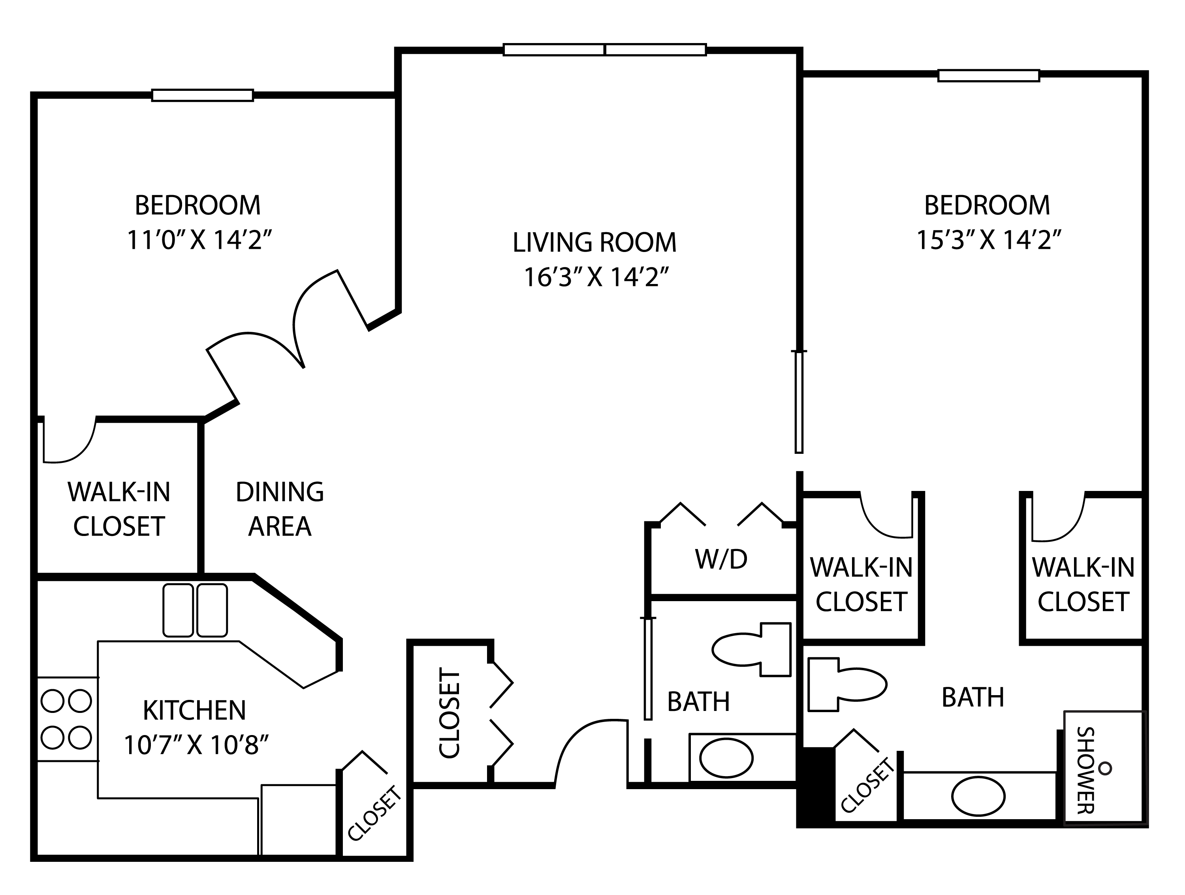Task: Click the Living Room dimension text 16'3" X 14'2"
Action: [x=596, y=277]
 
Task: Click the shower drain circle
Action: [x=1105, y=769]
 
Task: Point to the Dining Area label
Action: [x=280, y=509]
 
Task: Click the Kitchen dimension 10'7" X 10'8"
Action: [x=196, y=745]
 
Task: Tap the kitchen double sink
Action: [x=195, y=611]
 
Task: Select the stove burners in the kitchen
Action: [x=66, y=719]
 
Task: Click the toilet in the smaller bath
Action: [x=753, y=649]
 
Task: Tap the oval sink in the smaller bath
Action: [x=726, y=758]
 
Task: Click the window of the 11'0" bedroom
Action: [x=203, y=95]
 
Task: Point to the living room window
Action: [x=604, y=50]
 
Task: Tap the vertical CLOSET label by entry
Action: [x=450, y=713]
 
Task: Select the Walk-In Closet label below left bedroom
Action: [x=119, y=509]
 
